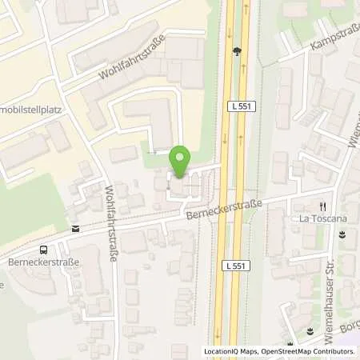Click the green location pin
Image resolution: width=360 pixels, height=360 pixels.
coord(180,162)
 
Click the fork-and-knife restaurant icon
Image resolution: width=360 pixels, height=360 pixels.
coord(323,205)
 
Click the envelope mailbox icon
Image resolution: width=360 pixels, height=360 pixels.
coord(75,229)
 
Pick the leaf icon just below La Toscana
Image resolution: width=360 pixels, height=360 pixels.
coord(342,234)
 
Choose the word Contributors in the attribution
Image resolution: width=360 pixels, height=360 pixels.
coord(335,351)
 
